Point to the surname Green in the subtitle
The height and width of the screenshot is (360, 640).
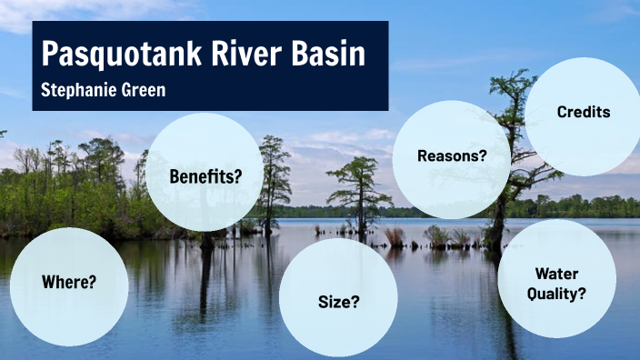146,92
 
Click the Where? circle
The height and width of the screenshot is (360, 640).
69,285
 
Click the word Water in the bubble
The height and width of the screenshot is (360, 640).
557,273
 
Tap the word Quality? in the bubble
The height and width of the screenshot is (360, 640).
557,294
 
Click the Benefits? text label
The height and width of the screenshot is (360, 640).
205,175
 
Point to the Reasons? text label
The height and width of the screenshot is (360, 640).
452,155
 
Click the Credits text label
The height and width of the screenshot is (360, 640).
583,113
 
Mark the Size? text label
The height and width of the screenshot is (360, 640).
337,302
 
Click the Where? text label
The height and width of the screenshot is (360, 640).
69,282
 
